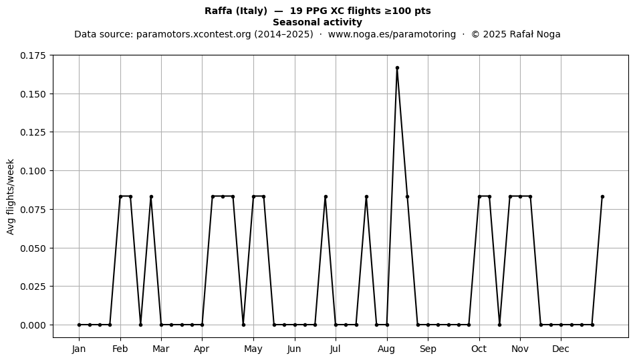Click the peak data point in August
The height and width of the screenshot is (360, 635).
click(x=397, y=68)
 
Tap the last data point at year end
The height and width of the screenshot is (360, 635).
click(x=602, y=196)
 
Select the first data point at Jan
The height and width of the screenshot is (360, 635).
click(x=79, y=325)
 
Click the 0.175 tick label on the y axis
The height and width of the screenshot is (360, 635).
click(x=33, y=55)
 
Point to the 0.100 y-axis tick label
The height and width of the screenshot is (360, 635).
click(x=33, y=171)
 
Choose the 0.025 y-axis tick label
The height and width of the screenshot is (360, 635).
click(x=33, y=287)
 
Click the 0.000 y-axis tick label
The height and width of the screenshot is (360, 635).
click(x=33, y=325)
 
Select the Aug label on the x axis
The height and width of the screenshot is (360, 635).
click(x=386, y=349)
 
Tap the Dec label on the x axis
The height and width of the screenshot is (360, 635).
click(x=561, y=349)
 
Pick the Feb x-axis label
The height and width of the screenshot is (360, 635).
click(x=120, y=349)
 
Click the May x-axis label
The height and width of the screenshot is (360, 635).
click(x=253, y=349)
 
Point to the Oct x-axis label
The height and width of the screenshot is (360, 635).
click(x=479, y=349)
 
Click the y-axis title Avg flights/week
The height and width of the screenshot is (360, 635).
click(x=11, y=196)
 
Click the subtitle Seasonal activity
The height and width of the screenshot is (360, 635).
click(x=317, y=22)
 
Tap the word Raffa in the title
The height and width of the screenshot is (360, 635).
click(x=219, y=11)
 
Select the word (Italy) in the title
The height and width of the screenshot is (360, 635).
click(x=251, y=11)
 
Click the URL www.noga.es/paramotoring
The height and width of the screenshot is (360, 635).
click(x=392, y=34)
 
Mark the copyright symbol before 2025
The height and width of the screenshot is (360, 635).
click(x=475, y=34)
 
